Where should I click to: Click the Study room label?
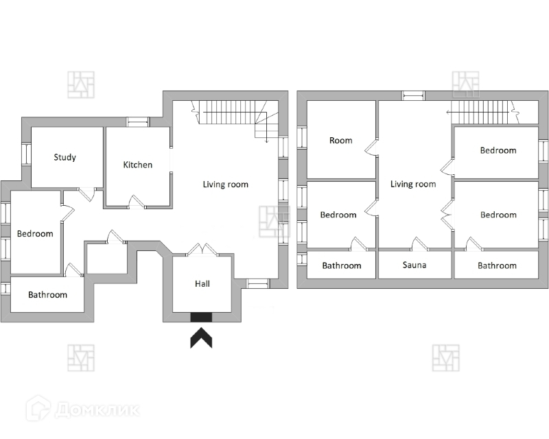65,158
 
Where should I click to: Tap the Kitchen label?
137,165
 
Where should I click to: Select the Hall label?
202,283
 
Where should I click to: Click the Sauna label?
414,265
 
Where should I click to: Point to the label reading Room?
340,141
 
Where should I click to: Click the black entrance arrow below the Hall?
202,338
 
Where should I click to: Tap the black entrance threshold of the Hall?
202,317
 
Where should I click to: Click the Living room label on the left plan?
225,185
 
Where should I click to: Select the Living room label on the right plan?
413,184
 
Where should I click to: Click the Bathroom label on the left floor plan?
47,295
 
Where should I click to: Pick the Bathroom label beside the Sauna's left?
341,265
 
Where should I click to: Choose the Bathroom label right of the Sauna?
497,265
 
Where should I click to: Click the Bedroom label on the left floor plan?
35,234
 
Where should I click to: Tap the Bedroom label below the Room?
338,215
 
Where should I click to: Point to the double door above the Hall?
202,250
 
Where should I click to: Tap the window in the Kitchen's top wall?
138,122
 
